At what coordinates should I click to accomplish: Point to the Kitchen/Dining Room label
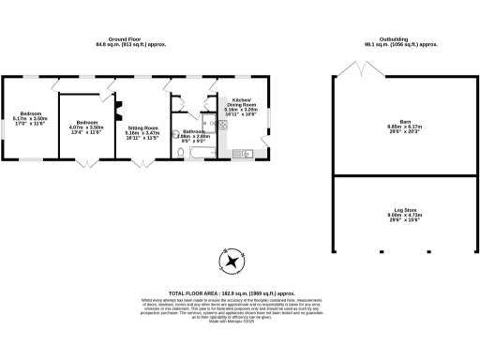coord(233,104)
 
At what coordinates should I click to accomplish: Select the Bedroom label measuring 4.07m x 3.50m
coord(87,126)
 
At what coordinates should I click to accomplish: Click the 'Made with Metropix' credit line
coord(239,322)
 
